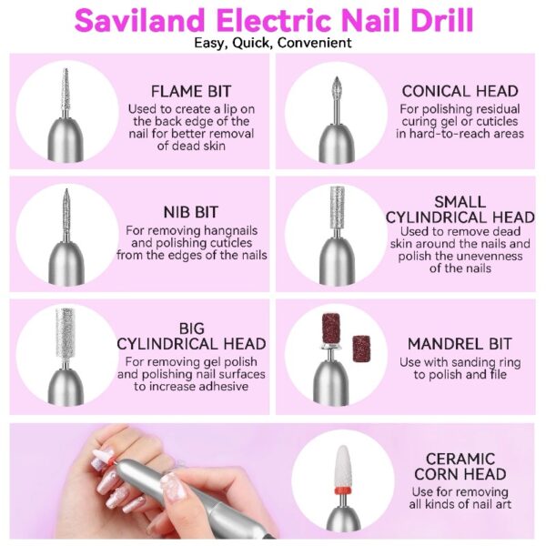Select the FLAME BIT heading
coord(190,91)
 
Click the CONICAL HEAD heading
coord(460,91)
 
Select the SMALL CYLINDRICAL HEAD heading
coord(460,209)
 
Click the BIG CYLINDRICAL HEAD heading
coord(191,337)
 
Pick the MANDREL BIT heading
coord(460,344)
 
